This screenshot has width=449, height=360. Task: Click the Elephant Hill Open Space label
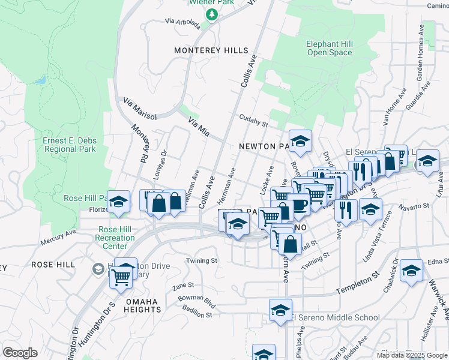point(329,48)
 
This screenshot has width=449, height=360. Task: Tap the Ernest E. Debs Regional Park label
point(70,145)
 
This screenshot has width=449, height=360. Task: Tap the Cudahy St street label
point(253,121)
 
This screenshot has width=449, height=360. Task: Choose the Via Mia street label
point(199,126)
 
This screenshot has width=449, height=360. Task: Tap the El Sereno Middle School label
point(335,317)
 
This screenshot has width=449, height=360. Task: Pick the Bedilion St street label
point(197,313)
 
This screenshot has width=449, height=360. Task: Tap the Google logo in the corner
point(20,353)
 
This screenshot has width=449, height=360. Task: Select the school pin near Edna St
point(411,271)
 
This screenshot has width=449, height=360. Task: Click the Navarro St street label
point(414,206)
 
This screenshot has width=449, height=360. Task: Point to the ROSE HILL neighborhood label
point(53,264)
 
